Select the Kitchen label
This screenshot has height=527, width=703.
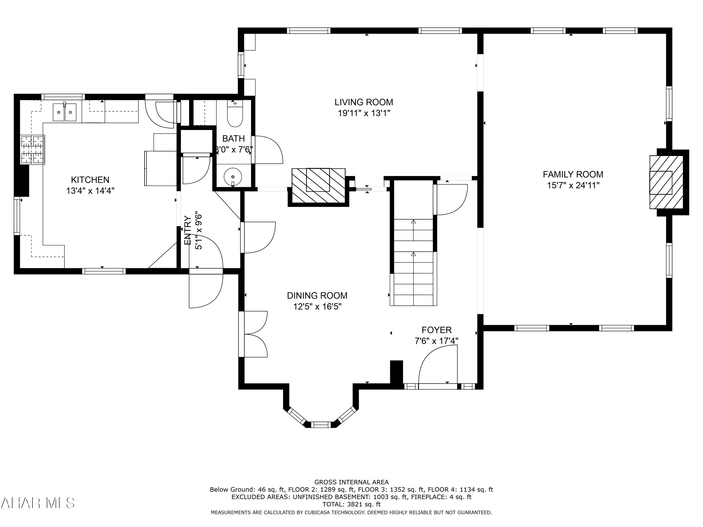(90, 180)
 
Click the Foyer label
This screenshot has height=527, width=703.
(437, 330)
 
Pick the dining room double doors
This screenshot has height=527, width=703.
(253, 334)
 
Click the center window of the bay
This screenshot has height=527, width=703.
(321, 425)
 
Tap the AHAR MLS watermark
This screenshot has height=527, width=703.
(37, 503)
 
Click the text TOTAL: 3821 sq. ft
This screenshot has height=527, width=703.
(351, 504)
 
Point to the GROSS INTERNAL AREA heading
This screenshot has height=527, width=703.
(351, 482)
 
